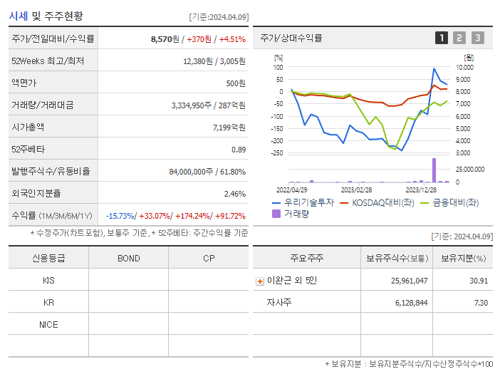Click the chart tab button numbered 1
(x=442, y=38)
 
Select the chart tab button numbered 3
(x=477, y=38)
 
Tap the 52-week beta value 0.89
(x=238, y=150)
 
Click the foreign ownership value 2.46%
(x=234, y=194)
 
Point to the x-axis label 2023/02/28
(x=356, y=190)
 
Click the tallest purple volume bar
(x=434, y=170)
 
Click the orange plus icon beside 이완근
(x=260, y=281)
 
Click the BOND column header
(x=128, y=258)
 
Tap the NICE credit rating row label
(x=48, y=324)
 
